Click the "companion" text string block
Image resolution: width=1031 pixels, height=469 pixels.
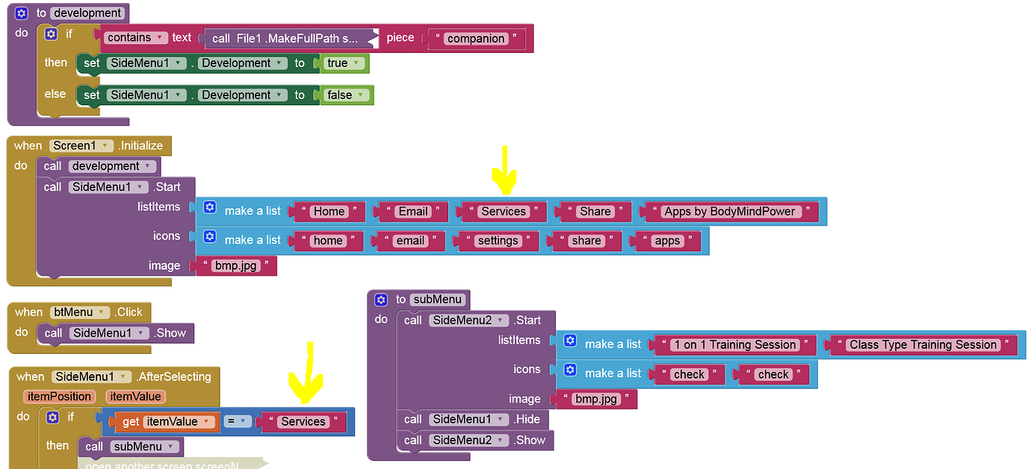(476, 38)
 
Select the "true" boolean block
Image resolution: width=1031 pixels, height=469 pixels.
(343, 63)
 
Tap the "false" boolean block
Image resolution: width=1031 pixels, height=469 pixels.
(345, 95)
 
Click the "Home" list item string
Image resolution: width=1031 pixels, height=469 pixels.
(329, 211)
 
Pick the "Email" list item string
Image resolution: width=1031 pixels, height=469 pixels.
(412, 211)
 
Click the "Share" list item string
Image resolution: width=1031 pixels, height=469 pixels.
(595, 211)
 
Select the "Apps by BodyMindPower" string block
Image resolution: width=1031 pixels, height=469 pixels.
(729, 211)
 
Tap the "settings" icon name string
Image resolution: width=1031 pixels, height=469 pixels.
(498, 240)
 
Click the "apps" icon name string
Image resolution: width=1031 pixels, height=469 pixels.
(666, 240)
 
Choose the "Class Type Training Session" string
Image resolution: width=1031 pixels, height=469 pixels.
(922, 344)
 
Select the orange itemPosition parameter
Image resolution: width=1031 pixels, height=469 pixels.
(59, 397)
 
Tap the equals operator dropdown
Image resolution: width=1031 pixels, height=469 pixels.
(236, 422)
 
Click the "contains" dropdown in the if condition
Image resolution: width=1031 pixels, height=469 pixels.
(134, 37)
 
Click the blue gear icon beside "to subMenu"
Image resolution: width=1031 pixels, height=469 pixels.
(381, 299)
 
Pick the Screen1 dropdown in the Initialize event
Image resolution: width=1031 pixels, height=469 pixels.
(81, 146)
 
